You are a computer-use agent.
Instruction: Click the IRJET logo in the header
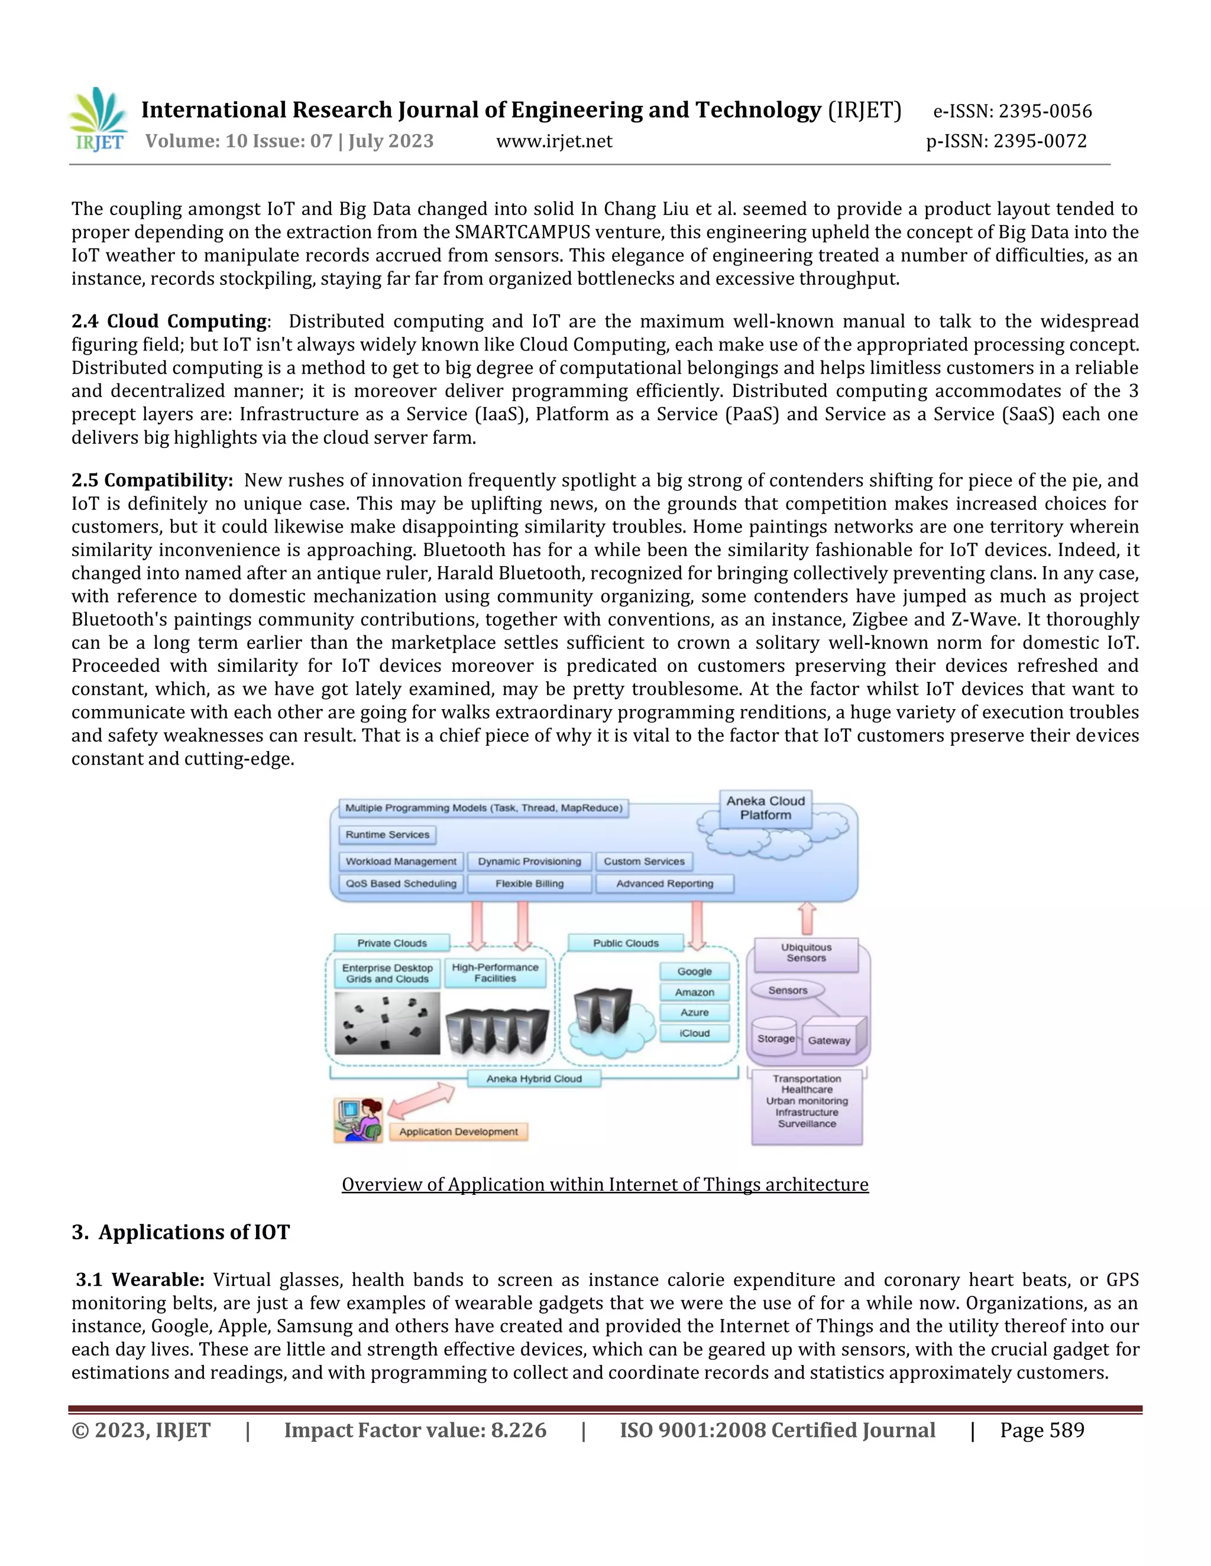99,120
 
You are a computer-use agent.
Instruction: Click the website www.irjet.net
554,141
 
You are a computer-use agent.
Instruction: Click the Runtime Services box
387,834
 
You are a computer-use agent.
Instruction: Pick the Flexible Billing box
529,883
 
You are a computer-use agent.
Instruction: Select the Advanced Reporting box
664,883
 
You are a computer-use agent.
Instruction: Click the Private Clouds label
391,943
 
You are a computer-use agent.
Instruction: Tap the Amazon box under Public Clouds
694,992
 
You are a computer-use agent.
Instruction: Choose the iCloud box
694,1033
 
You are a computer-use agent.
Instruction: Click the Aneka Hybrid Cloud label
534,1078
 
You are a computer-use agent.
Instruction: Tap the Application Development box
458,1132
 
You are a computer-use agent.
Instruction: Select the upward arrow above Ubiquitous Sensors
807,918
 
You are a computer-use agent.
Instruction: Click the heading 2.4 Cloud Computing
169,321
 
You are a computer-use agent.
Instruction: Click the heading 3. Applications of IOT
181,1232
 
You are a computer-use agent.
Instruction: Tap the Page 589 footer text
1042,1431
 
